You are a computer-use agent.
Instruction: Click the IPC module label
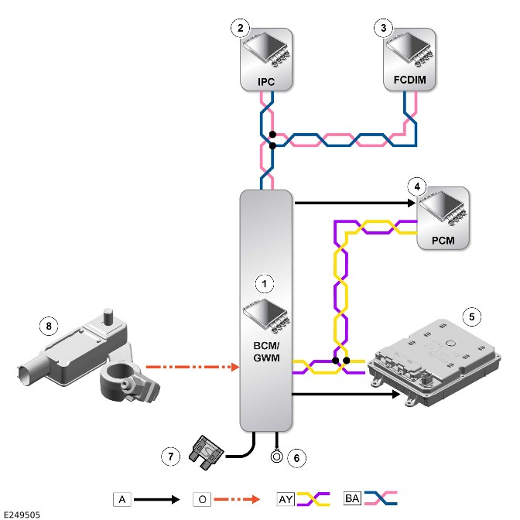pyautogui.click(x=266, y=81)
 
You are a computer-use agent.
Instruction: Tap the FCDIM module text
pyautogui.click(x=409, y=80)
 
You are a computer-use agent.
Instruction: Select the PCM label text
pyautogui.click(x=443, y=240)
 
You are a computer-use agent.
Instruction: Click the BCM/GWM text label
pyautogui.click(x=266, y=352)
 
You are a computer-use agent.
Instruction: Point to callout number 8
pyautogui.click(x=49, y=326)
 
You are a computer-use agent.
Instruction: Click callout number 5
pyautogui.click(x=471, y=316)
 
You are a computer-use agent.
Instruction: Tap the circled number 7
pyautogui.click(x=170, y=457)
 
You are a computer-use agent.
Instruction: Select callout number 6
pyautogui.click(x=296, y=458)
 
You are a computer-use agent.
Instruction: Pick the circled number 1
pyautogui.click(x=265, y=284)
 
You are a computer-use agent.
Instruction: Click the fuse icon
pyautogui.click(x=207, y=453)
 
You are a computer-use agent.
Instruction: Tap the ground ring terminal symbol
pyautogui.click(x=276, y=457)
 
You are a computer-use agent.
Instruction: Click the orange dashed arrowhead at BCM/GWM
pyautogui.click(x=235, y=367)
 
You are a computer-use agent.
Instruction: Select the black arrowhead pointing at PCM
pyautogui.click(x=411, y=203)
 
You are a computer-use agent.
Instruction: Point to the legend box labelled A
pyautogui.click(x=122, y=499)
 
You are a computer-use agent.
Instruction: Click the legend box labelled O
pyautogui.click(x=202, y=499)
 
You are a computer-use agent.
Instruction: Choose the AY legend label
pyautogui.click(x=286, y=499)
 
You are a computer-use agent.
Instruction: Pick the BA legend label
pyautogui.click(x=352, y=498)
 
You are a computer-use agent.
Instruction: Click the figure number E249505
pyautogui.click(x=22, y=515)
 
